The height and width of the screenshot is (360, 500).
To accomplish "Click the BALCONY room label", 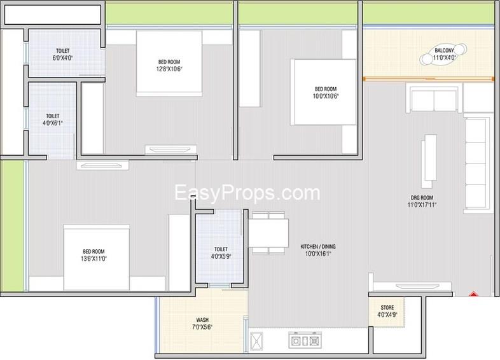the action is tap(444, 50).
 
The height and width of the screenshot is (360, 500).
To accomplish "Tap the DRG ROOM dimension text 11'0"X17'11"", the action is tap(422, 205).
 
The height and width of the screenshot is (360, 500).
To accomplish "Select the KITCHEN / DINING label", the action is tap(318, 247).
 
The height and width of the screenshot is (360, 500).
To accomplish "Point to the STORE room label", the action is tap(387, 308).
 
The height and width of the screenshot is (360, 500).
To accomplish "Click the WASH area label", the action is tap(202, 320).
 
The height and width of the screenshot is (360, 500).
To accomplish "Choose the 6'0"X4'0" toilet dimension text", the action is tap(63, 58).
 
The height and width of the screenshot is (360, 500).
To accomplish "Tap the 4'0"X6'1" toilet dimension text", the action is tap(53, 123).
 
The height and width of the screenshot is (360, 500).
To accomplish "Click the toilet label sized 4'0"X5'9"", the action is tap(221, 249).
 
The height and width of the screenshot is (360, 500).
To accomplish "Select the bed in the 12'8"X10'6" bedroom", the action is tap(169, 63).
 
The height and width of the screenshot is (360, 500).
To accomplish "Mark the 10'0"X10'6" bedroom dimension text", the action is tap(326, 96).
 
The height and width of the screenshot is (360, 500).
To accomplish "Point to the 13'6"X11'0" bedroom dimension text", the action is tap(94, 259).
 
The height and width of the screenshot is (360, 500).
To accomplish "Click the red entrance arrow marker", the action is tap(473, 294).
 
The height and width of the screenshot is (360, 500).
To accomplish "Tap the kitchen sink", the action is tap(256, 341).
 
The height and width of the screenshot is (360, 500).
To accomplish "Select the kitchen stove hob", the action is tap(305, 340).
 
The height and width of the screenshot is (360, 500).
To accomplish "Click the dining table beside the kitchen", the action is tap(268, 233).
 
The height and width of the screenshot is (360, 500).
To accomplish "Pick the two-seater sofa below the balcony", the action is tap(433, 97).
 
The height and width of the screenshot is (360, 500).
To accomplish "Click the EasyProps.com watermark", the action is tap(247, 193).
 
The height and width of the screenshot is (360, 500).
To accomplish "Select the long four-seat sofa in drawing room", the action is tap(476, 163).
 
